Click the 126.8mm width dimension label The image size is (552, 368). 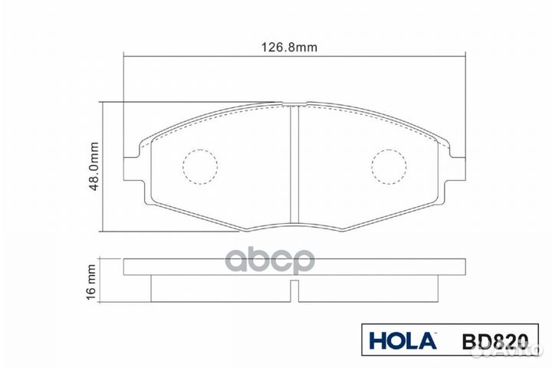coord(296,48)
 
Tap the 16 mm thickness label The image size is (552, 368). coord(92,282)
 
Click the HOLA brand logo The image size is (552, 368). coord(402,338)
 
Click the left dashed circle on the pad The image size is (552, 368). coord(200,166)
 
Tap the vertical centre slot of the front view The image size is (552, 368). coord(295,165)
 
